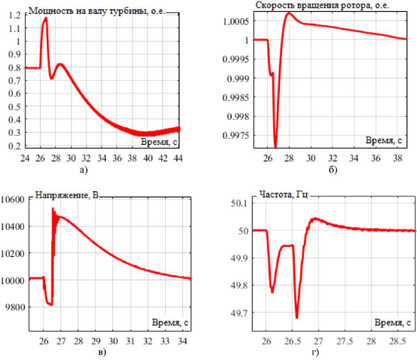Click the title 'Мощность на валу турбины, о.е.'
96,11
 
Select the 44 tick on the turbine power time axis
179,157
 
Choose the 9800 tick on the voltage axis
13,307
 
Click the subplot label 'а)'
103,169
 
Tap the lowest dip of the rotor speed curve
275,146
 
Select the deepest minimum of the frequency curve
297,317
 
